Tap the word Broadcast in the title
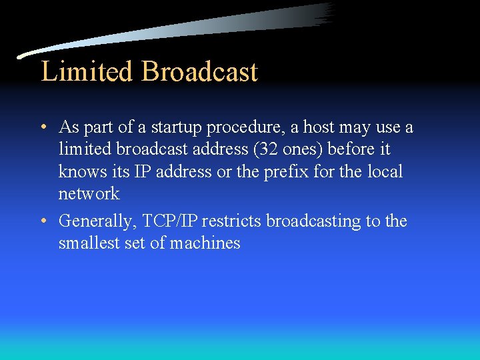pyautogui.click(x=199, y=71)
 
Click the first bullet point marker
pyautogui.click(x=42, y=127)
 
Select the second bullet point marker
pyautogui.click(x=42, y=221)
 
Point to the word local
pyautogui.click(x=385, y=172)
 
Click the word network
pyautogui.click(x=89, y=194)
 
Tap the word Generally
pyautogui.click(x=95, y=221)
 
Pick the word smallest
pyautogui.click(x=89, y=243)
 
